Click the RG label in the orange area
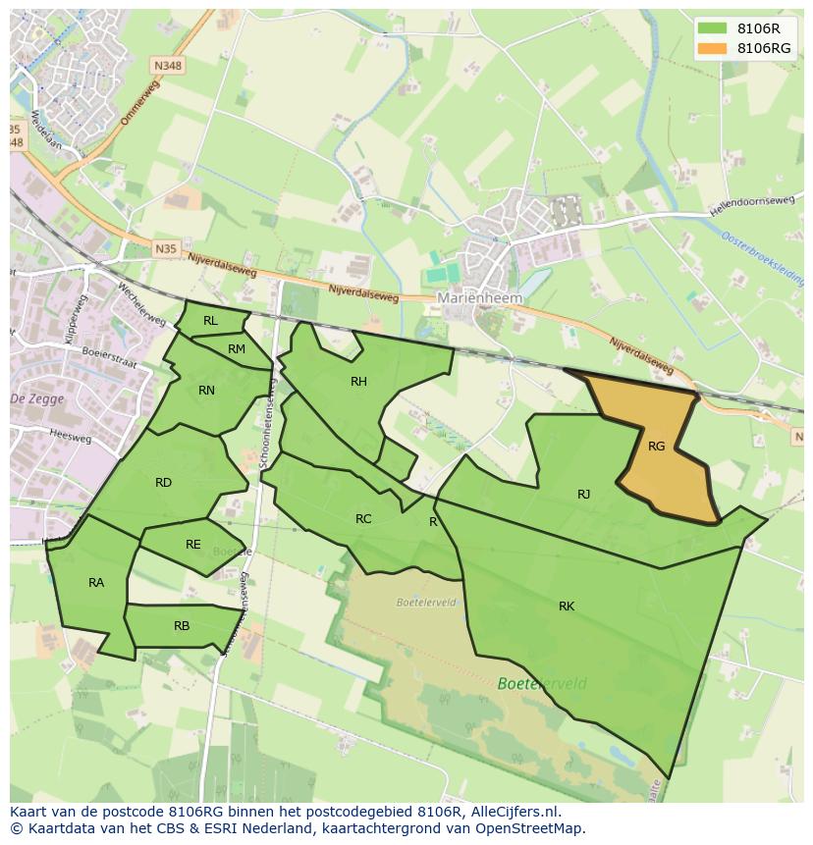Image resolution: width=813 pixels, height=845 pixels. (x=656, y=447)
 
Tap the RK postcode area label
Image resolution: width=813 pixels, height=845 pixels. (x=567, y=607)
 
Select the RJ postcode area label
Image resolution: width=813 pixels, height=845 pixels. (x=583, y=495)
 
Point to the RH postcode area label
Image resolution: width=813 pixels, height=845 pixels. (x=358, y=382)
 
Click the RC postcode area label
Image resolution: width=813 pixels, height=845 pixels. (x=363, y=519)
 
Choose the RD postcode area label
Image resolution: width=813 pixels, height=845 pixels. (x=163, y=483)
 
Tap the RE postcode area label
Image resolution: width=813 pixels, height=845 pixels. (x=192, y=545)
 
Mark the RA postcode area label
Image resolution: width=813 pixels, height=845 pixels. (x=96, y=583)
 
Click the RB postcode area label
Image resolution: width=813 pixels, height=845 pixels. (x=182, y=626)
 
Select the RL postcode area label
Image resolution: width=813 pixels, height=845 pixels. (x=210, y=321)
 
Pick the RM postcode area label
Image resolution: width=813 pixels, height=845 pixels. (x=237, y=349)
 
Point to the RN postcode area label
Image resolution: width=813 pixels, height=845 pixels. (x=206, y=391)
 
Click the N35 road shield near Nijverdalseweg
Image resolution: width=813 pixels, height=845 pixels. (x=166, y=249)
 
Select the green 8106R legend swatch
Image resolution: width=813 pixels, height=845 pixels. (x=712, y=28)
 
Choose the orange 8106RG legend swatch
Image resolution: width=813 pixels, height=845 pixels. (x=712, y=48)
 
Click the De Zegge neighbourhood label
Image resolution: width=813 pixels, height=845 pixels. (x=30, y=398)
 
